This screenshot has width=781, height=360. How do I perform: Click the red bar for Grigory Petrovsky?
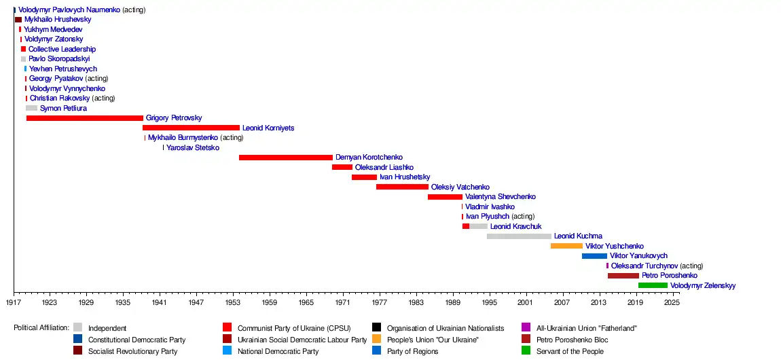85,118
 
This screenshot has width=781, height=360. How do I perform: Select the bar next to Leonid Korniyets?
191,128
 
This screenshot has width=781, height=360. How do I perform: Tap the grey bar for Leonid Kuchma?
519,236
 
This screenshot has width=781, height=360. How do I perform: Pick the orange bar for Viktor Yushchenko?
566,246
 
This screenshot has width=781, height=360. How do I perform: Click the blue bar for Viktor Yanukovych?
594,256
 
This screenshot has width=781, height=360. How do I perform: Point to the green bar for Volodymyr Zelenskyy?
653,285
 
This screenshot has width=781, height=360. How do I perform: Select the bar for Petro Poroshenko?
623,276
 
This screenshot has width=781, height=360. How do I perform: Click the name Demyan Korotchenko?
369,158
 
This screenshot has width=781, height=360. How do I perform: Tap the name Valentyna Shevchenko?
501,197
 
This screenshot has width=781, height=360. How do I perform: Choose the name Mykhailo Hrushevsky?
58,20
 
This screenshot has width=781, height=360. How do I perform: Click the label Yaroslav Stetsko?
193,147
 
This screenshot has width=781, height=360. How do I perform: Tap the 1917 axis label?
14,302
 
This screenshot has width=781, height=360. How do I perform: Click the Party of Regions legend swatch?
377,351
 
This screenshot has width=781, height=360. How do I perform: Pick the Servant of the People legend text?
570,351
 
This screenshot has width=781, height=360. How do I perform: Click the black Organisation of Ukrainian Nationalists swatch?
377,328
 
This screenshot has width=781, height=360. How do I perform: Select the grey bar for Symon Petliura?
31,108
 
